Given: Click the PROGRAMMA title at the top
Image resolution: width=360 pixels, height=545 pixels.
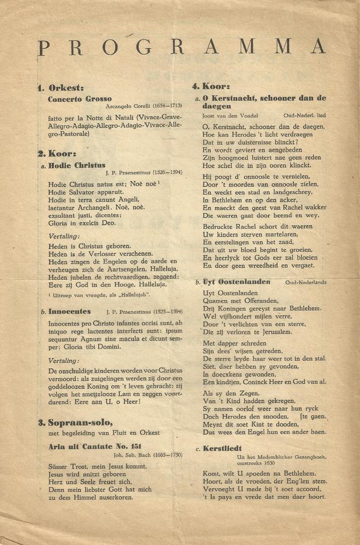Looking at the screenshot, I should [x=181, y=47].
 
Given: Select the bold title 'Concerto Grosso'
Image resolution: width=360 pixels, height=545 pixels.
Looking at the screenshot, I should [x=80, y=99].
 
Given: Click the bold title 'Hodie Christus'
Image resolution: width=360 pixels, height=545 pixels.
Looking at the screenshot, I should [x=77, y=165].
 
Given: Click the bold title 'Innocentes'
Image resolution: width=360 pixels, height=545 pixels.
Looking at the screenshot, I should [x=69, y=311].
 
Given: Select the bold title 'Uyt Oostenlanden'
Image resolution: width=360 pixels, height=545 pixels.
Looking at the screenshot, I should [x=236, y=282].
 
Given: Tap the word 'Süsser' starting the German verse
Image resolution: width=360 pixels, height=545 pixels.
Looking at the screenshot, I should [x=59, y=467].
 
